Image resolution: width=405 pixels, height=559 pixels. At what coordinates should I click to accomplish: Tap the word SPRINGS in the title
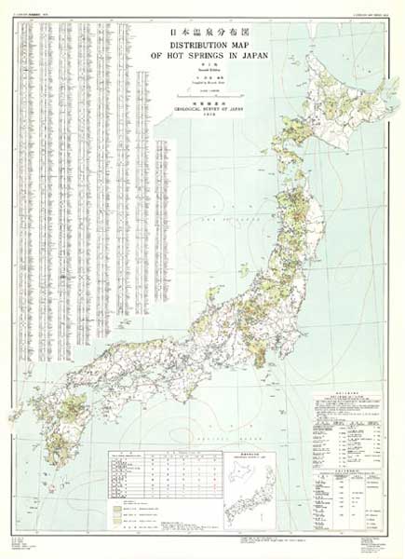click(x=215, y=55)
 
